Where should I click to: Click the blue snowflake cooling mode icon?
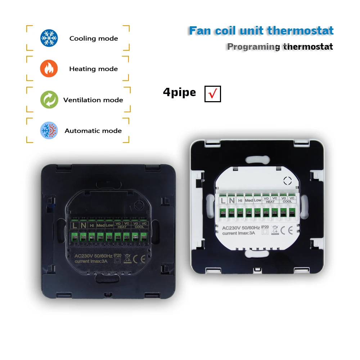[49, 38]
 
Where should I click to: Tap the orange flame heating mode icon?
[49, 68]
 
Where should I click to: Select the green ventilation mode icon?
[49, 100]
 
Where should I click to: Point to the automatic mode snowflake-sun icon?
[49, 130]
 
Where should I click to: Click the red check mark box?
[212, 94]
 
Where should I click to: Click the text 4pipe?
[179, 93]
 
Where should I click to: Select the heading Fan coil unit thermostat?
[261, 31]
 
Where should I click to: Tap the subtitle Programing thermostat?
[280, 46]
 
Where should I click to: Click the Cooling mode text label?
[94, 39]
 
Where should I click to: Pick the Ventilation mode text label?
[93, 100]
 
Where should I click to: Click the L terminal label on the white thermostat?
[224, 201]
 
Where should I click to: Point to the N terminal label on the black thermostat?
[84, 226]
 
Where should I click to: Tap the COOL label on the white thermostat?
[287, 202]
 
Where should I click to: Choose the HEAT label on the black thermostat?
[122, 227]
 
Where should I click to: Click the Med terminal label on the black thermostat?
[101, 226]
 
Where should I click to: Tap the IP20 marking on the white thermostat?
[265, 227]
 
